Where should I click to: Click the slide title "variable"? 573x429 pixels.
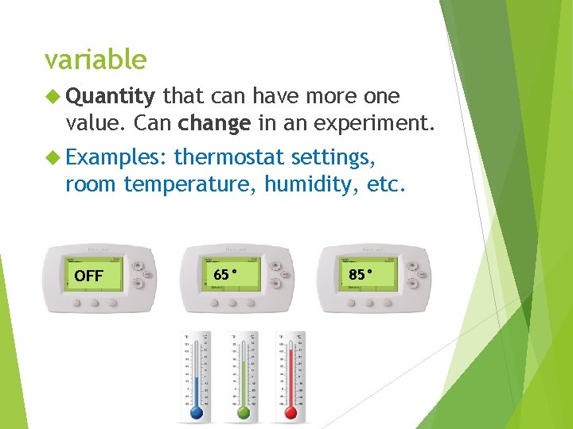coord(95,60)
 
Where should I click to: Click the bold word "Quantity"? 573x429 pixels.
coord(111,97)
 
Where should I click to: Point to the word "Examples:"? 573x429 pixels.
coord(115,157)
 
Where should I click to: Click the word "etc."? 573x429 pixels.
coord(384,184)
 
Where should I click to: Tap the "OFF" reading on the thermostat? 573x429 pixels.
coord(88,276)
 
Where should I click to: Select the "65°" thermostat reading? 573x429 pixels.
coord(225,275)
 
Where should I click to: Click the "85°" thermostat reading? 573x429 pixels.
coord(360,275)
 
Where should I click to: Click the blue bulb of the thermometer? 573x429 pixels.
coord(197,413)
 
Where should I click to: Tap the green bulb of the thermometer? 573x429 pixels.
coord(244,413)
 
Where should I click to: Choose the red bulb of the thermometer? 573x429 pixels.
coord(290,413)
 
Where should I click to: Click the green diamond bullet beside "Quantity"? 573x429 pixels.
coord(55,97)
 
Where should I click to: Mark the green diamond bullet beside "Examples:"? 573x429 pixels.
coord(55,157)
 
